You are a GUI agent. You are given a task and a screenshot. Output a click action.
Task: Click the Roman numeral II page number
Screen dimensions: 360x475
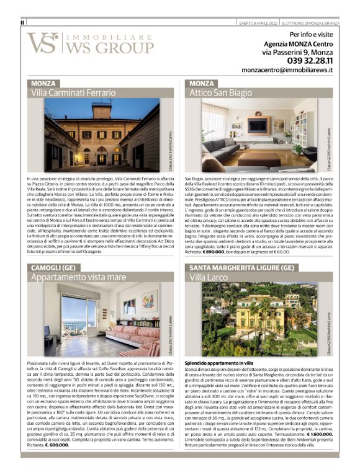(23, 23)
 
